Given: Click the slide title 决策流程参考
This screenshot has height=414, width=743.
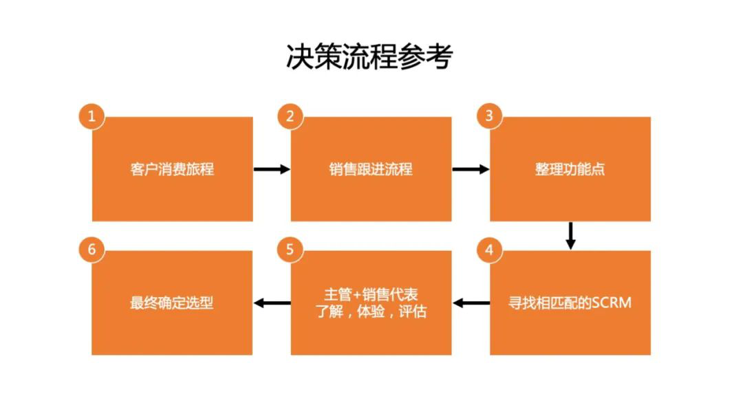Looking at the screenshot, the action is [369, 57].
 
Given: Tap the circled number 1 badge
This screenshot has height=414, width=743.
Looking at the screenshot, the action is [91, 116].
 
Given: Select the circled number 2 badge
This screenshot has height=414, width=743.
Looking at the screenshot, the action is [290, 116].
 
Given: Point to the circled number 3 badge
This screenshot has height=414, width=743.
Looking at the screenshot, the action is [489, 116].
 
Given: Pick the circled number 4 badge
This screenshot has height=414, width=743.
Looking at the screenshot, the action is [489, 250].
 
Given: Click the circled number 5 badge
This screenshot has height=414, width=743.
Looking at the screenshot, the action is [290, 250].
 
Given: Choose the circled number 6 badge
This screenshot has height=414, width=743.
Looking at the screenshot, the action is [91, 250].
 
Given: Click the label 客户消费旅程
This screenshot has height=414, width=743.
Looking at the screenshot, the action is [172, 169].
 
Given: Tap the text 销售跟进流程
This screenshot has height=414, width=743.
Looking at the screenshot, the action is [371, 169].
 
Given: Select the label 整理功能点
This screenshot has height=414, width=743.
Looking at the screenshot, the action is [570, 169].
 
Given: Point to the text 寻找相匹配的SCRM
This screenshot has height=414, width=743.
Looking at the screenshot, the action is [570, 303].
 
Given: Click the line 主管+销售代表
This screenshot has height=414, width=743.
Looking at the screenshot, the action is [371, 294].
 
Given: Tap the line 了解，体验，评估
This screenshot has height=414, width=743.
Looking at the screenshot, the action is [371, 312].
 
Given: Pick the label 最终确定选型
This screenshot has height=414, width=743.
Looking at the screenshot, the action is [172, 303].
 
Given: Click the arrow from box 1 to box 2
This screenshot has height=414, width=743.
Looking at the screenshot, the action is [272, 169].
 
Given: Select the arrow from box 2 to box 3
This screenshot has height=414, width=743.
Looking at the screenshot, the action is [471, 169].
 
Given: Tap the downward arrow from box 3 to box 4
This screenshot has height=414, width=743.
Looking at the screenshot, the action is [570, 236].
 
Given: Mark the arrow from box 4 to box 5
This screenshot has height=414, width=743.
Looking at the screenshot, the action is [471, 303].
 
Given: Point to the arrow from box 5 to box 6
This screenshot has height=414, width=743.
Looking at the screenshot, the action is [272, 303].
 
